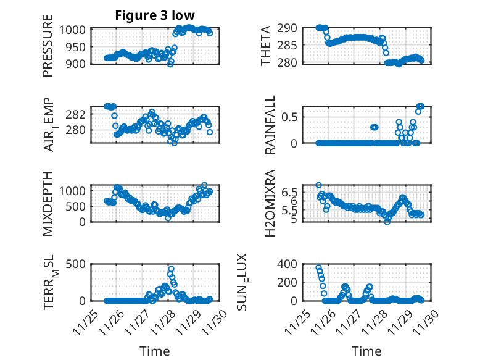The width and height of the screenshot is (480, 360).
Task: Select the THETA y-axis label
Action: pos(266,45)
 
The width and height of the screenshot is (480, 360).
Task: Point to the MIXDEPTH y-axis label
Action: pos(48,203)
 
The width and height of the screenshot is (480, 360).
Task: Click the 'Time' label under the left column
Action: pos(154,351)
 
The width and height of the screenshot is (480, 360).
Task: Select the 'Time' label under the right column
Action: pos(366,351)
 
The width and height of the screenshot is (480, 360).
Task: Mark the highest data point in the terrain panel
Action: pos(171,269)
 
